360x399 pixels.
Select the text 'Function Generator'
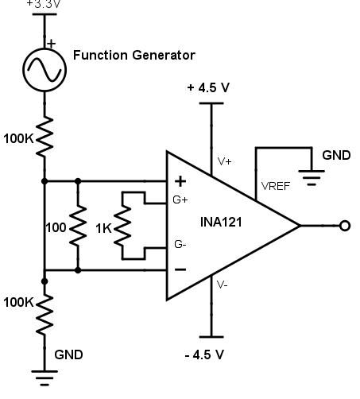tap(134, 55)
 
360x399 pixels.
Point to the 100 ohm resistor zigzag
tap(78, 226)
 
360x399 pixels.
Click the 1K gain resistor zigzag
tap(122, 226)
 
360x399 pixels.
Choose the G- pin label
tap(180, 246)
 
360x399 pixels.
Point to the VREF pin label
tap(274, 186)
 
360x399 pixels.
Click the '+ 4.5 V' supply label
tap(209, 87)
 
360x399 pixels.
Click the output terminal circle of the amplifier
tap(345, 226)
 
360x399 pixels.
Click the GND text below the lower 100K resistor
tap(68, 354)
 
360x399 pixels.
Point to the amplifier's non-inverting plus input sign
tap(180, 180)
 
